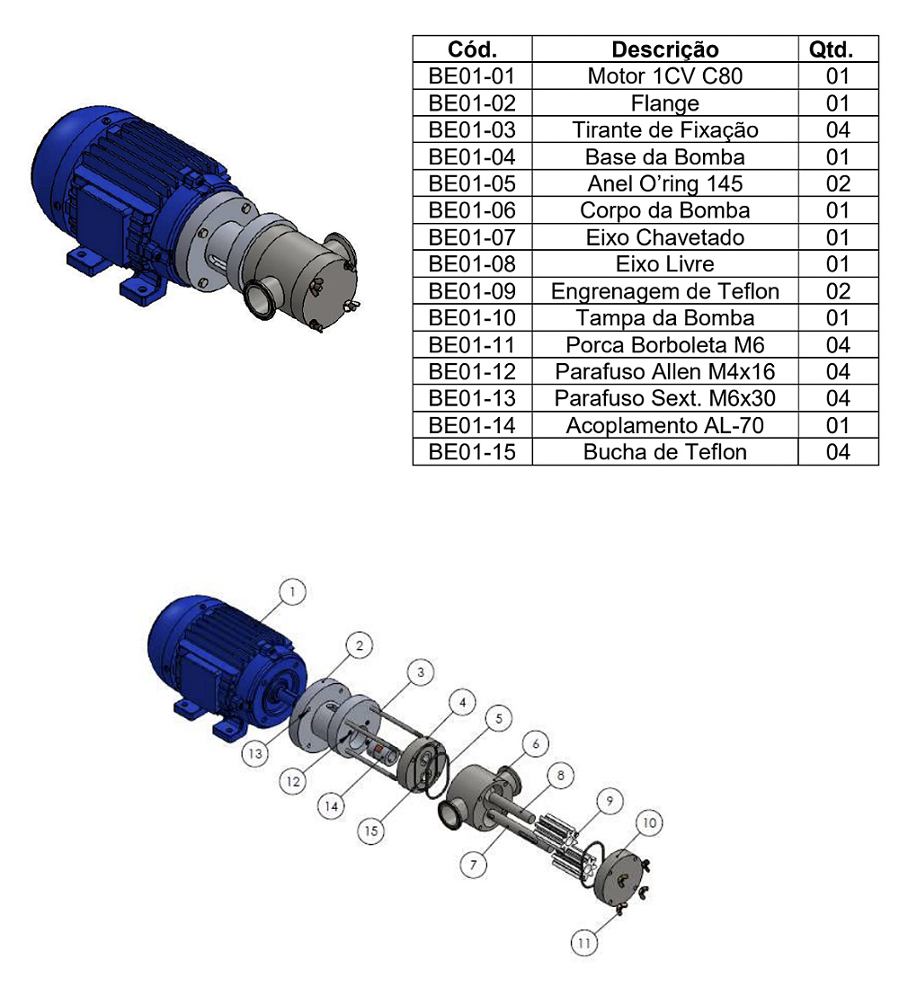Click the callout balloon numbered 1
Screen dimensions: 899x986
292,591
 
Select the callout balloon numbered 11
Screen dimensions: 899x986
584,943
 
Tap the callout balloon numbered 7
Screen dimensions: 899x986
474,866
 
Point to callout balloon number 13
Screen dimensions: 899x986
255,753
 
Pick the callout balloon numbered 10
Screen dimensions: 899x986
649,822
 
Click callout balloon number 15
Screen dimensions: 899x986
371,831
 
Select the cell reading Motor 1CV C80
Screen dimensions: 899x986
665,76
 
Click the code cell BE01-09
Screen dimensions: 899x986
473,291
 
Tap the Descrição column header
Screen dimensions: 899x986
665,49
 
